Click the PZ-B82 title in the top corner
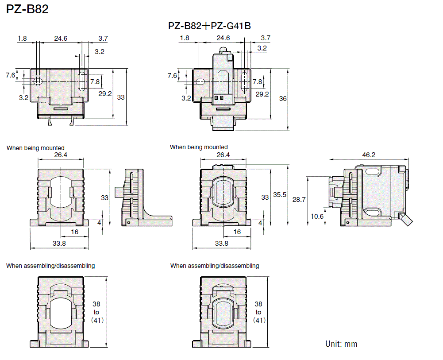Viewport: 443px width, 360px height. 27,9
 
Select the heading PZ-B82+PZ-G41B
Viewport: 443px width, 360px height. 210,26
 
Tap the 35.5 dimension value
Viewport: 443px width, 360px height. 280,195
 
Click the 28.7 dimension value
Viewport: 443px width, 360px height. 299,200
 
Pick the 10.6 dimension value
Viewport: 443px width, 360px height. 316,217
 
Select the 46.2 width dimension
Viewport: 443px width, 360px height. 368,155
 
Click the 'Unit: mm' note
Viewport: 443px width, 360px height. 341,344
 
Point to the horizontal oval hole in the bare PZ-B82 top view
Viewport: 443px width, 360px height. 38,81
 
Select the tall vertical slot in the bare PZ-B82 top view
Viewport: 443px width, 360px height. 82,81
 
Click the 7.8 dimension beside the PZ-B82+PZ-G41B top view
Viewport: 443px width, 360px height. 258,81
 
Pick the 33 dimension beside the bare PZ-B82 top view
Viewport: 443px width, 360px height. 121,97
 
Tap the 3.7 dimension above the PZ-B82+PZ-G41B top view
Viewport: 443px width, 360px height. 266,39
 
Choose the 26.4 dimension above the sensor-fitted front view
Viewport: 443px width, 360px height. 223,155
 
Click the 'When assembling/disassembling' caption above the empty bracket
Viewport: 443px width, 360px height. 50,266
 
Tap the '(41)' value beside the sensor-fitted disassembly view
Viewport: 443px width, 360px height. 258,320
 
